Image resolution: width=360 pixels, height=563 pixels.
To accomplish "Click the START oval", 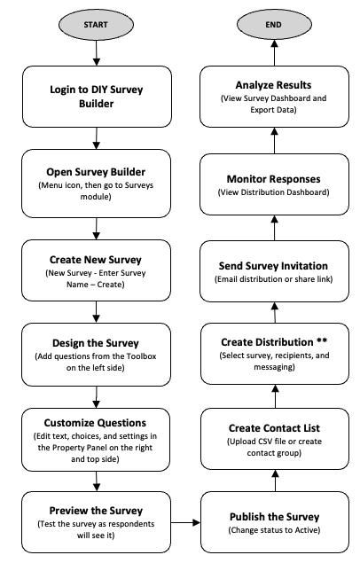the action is point(96,25).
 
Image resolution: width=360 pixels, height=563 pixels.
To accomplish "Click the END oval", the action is point(274,25).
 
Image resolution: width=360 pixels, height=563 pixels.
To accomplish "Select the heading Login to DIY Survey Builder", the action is point(96,97).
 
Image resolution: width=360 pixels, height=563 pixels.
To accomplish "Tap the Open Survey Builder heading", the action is point(96,172).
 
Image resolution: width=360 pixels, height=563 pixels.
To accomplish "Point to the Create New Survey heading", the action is point(96,259).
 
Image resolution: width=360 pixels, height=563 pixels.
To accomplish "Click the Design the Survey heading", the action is point(96,343).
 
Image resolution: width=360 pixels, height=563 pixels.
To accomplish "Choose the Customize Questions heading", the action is point(95,423).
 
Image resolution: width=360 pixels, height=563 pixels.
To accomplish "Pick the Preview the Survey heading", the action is point(96,510).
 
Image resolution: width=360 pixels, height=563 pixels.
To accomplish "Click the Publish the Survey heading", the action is point(275,517).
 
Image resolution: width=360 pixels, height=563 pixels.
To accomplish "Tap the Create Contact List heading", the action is point(274,428).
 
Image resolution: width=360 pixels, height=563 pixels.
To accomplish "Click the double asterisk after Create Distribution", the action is point(322,340).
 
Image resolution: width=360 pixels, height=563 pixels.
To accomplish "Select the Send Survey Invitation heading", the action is point(273,266).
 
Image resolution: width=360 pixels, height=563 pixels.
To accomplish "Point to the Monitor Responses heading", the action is point(273,179).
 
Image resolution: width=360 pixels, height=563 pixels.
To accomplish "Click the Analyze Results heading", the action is point(273,85).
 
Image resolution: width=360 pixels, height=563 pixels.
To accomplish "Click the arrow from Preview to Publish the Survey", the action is point(185,522).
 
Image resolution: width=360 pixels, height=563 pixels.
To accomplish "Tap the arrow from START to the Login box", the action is point(96,53).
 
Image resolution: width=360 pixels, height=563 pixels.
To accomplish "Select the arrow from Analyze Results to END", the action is point(275,53).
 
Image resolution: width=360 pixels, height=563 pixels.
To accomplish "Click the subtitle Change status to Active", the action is point(274,530).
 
